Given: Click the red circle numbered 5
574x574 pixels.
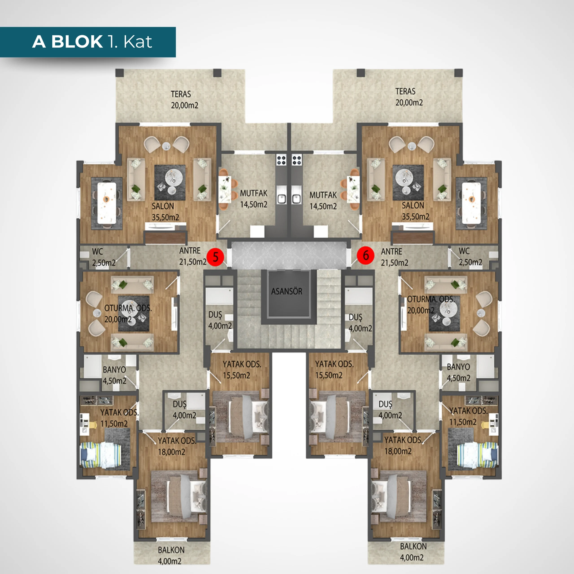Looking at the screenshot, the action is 215,257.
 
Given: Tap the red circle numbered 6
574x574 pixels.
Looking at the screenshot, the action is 365,255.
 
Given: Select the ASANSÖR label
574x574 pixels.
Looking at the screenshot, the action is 287,291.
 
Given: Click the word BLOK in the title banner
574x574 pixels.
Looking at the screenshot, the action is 77,42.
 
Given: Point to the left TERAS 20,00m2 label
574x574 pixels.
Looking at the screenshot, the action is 184,100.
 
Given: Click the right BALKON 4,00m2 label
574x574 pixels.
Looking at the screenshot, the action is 413,552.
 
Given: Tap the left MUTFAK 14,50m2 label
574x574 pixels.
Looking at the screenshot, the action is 254,199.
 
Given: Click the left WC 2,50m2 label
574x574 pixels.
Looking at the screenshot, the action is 104,257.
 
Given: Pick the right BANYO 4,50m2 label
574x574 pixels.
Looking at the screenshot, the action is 459,372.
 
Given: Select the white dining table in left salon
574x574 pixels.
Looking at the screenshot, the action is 107,203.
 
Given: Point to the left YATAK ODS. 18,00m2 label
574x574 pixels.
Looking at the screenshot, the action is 177,446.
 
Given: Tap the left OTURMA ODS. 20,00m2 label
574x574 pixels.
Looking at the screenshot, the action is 128,313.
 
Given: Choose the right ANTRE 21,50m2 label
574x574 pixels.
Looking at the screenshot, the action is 395,257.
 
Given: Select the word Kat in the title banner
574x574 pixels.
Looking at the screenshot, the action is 138,42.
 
